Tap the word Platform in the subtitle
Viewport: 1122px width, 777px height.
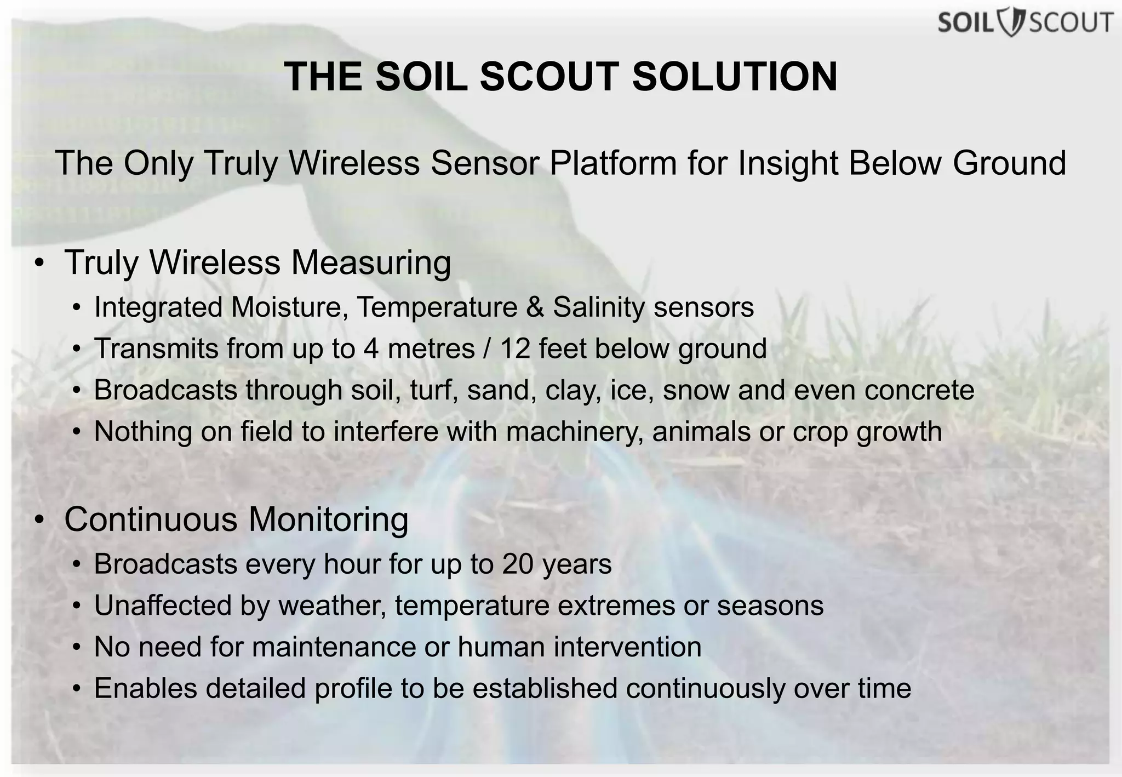613,163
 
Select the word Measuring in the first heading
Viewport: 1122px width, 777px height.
371,262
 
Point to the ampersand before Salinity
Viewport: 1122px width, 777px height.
535,307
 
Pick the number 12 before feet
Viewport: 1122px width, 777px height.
515,348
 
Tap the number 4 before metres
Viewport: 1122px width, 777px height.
371,348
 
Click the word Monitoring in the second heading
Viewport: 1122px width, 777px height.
329,519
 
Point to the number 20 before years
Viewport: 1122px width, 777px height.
518,564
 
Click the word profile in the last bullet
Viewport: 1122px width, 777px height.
353,689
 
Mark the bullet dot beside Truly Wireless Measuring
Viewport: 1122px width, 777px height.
38,264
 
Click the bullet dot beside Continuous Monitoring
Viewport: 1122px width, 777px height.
38,520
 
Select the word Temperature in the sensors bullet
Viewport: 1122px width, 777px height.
437,307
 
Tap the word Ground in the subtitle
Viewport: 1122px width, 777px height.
1009,163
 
